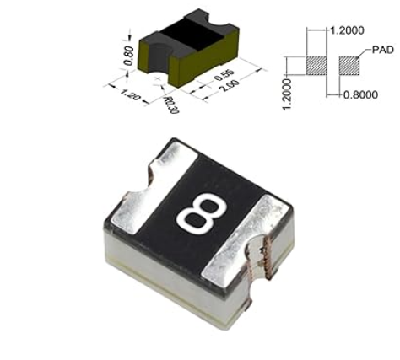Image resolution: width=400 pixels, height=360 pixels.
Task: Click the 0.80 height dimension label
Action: click(128, 56)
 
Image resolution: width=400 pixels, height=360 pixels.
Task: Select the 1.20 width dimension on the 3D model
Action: click(130, 94)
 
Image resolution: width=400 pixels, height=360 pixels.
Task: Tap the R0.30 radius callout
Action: click(171, 105)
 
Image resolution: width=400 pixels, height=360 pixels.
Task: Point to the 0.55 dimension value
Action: click(224, 75)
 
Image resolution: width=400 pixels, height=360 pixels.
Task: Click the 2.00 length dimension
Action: click(230, 86)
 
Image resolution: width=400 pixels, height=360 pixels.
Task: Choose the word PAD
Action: click(382, 50)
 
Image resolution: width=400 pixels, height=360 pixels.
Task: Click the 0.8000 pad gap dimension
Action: click(360, 94)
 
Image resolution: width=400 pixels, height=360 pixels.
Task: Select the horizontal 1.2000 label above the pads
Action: click(347, 30)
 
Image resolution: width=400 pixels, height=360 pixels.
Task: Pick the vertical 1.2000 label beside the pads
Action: click(287, 94)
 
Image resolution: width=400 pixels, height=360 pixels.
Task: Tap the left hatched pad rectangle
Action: click(316, 66)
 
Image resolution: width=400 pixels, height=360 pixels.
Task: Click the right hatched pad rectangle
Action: click(349, 66)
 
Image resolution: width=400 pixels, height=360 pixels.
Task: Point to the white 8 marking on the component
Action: click(202, 213)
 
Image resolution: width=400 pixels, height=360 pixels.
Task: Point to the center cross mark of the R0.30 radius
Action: click(158, 79)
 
